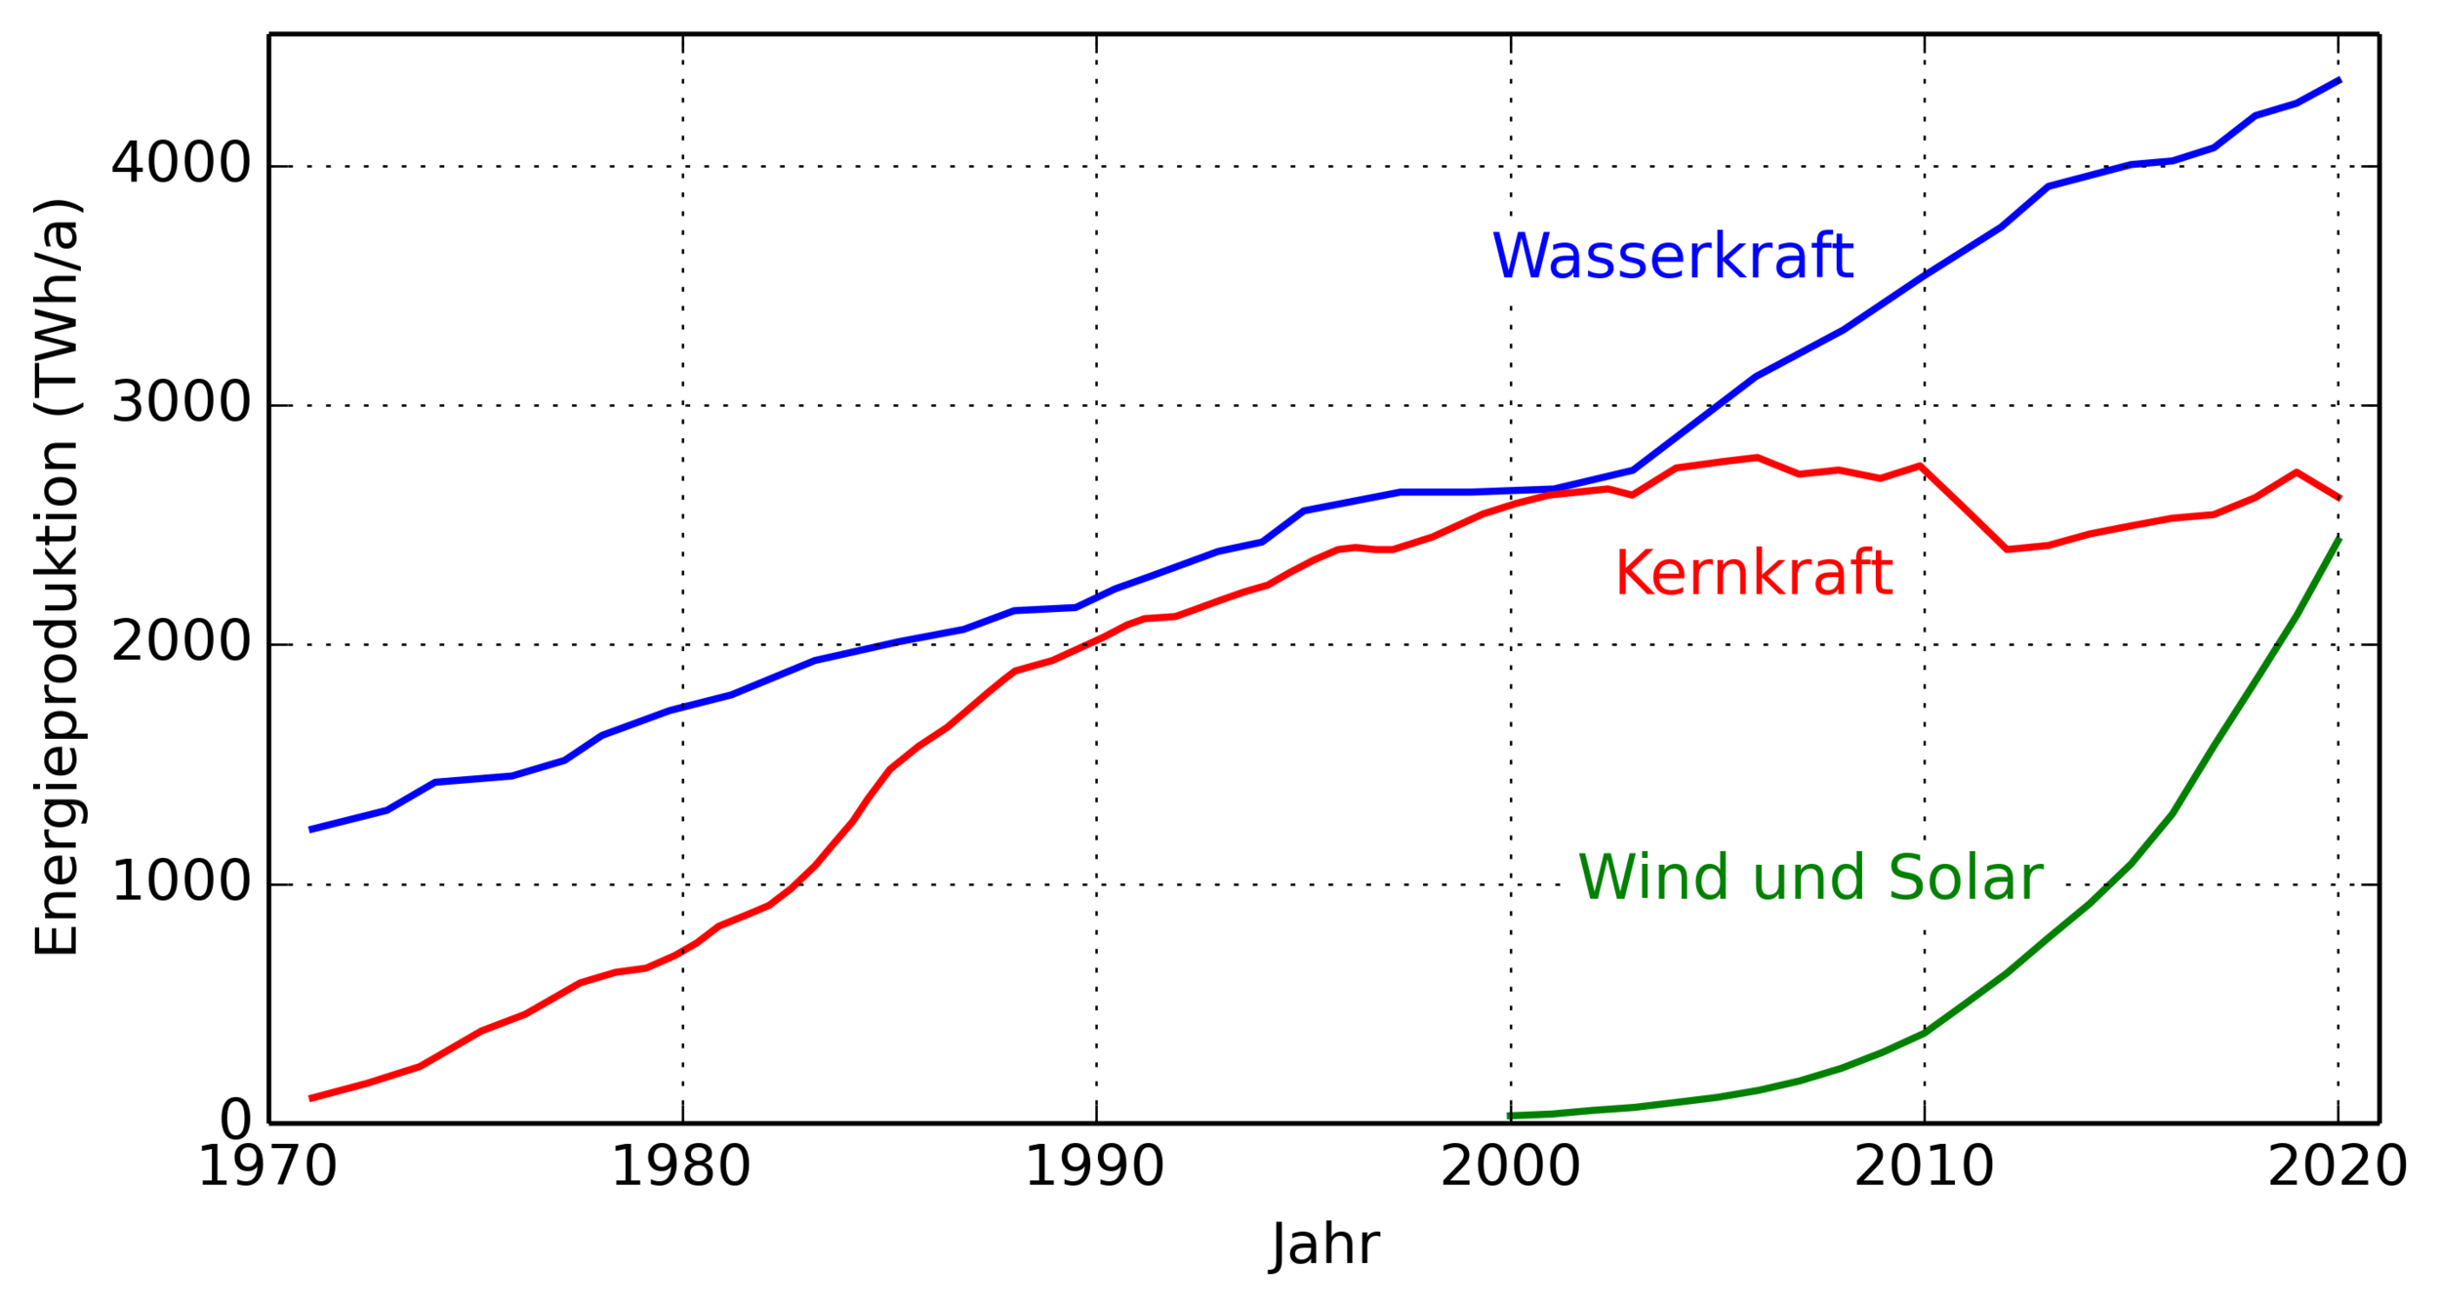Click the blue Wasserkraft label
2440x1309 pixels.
tap(1672, 258)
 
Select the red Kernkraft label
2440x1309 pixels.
tap(1753, 574)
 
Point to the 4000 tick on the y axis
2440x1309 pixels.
tap(182, 164)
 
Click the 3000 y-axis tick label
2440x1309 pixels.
tap(182, 403)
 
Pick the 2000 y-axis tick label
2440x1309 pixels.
tap(182, 643)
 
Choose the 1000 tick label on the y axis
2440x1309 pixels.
tap(182, 883)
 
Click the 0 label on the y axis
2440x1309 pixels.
tap(236, 1121)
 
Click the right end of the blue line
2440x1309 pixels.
tap(2339, 80)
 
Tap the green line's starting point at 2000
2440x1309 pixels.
tap(1510, 1115)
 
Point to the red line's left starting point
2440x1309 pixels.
tap(310, 1098)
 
